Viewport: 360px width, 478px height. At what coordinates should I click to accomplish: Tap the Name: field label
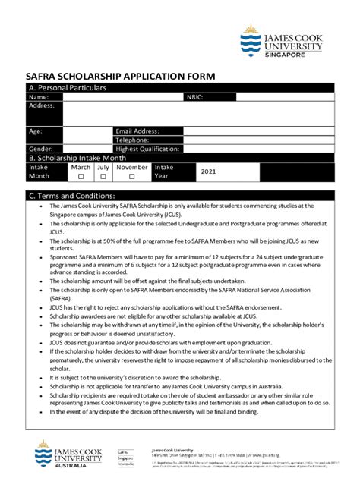click(x=39, y=97)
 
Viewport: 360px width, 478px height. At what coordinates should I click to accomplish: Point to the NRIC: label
click(x=194, y=97)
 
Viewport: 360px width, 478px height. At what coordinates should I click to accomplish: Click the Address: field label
click(x=42, y=105)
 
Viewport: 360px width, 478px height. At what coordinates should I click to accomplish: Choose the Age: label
click(x=35, y=131)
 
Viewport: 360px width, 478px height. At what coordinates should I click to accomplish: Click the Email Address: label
click(x=137, y=131)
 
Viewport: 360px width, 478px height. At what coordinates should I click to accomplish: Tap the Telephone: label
click(x=132, y=140)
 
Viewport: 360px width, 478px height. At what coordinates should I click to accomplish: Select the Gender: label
click(x=40, y=149)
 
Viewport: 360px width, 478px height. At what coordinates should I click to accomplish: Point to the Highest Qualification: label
click(x=149, y=149)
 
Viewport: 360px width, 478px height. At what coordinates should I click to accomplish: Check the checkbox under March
click(x=81, y=176)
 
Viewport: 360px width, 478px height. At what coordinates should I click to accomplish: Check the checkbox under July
click(x=103, y=176)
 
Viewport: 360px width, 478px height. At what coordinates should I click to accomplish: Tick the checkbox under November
click(x=131, y=176)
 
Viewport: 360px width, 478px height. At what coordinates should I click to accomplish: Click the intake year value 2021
click(x=209, y=171)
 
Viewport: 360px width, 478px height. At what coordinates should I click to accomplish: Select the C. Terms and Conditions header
click(x=71, y=196)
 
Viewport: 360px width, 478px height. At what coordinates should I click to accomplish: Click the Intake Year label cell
click(x=164, y=171)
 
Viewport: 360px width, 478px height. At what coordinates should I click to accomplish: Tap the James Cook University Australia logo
click(x=69, y=453)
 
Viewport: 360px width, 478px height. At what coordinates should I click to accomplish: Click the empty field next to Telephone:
click(x=258, y=140)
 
